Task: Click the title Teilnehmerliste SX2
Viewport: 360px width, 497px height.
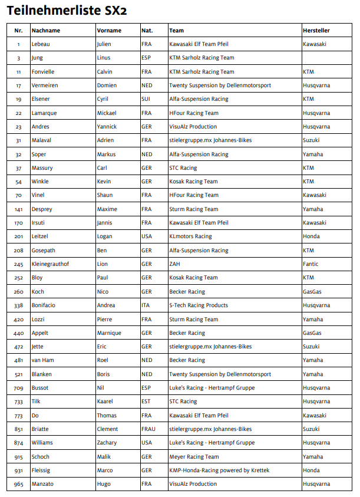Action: pos(66,10)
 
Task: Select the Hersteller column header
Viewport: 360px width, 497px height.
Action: pos(316,30)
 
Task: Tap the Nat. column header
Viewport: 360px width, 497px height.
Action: pos(147,30)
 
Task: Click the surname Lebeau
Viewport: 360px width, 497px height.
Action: pos(41,44)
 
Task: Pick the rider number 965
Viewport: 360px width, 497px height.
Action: pos(18,484)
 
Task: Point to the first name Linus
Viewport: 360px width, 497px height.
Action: pos(104,58)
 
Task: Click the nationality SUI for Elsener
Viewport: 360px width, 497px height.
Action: pos(146,99)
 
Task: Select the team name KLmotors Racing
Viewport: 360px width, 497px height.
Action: pos(190,236)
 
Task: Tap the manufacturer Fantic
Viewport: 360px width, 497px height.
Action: pos(311,264)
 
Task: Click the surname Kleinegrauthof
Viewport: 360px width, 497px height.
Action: pos(50,264)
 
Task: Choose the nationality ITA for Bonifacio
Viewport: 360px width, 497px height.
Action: pos(146,305)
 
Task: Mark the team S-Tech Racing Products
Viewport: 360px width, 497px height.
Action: pos(199,305)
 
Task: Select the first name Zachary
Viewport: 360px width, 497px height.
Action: pos(107,443)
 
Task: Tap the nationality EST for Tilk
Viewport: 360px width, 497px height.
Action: pos(146,401)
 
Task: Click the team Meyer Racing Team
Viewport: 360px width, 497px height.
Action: pos(194,457)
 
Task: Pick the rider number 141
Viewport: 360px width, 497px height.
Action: pos(18,209)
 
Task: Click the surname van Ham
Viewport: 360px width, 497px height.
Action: pos(44,360)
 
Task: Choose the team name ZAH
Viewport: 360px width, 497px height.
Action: pos(174,264)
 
